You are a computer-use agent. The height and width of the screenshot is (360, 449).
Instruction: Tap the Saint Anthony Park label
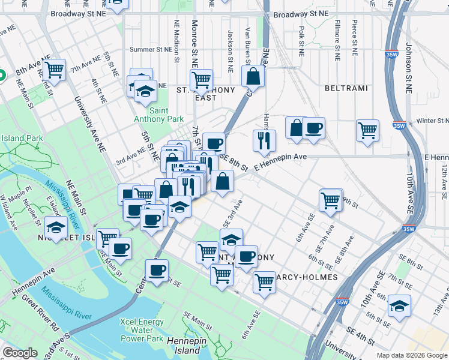[159, 115]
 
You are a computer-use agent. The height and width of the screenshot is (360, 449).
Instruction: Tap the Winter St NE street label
[424, 121]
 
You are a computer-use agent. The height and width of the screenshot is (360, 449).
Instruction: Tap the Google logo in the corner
[20, 353]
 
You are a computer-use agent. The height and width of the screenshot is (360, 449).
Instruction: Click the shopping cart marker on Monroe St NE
[201, 79]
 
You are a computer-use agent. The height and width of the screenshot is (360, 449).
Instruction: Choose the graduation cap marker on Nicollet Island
[56, 227]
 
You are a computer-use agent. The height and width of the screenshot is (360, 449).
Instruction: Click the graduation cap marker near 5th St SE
[399, 306]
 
